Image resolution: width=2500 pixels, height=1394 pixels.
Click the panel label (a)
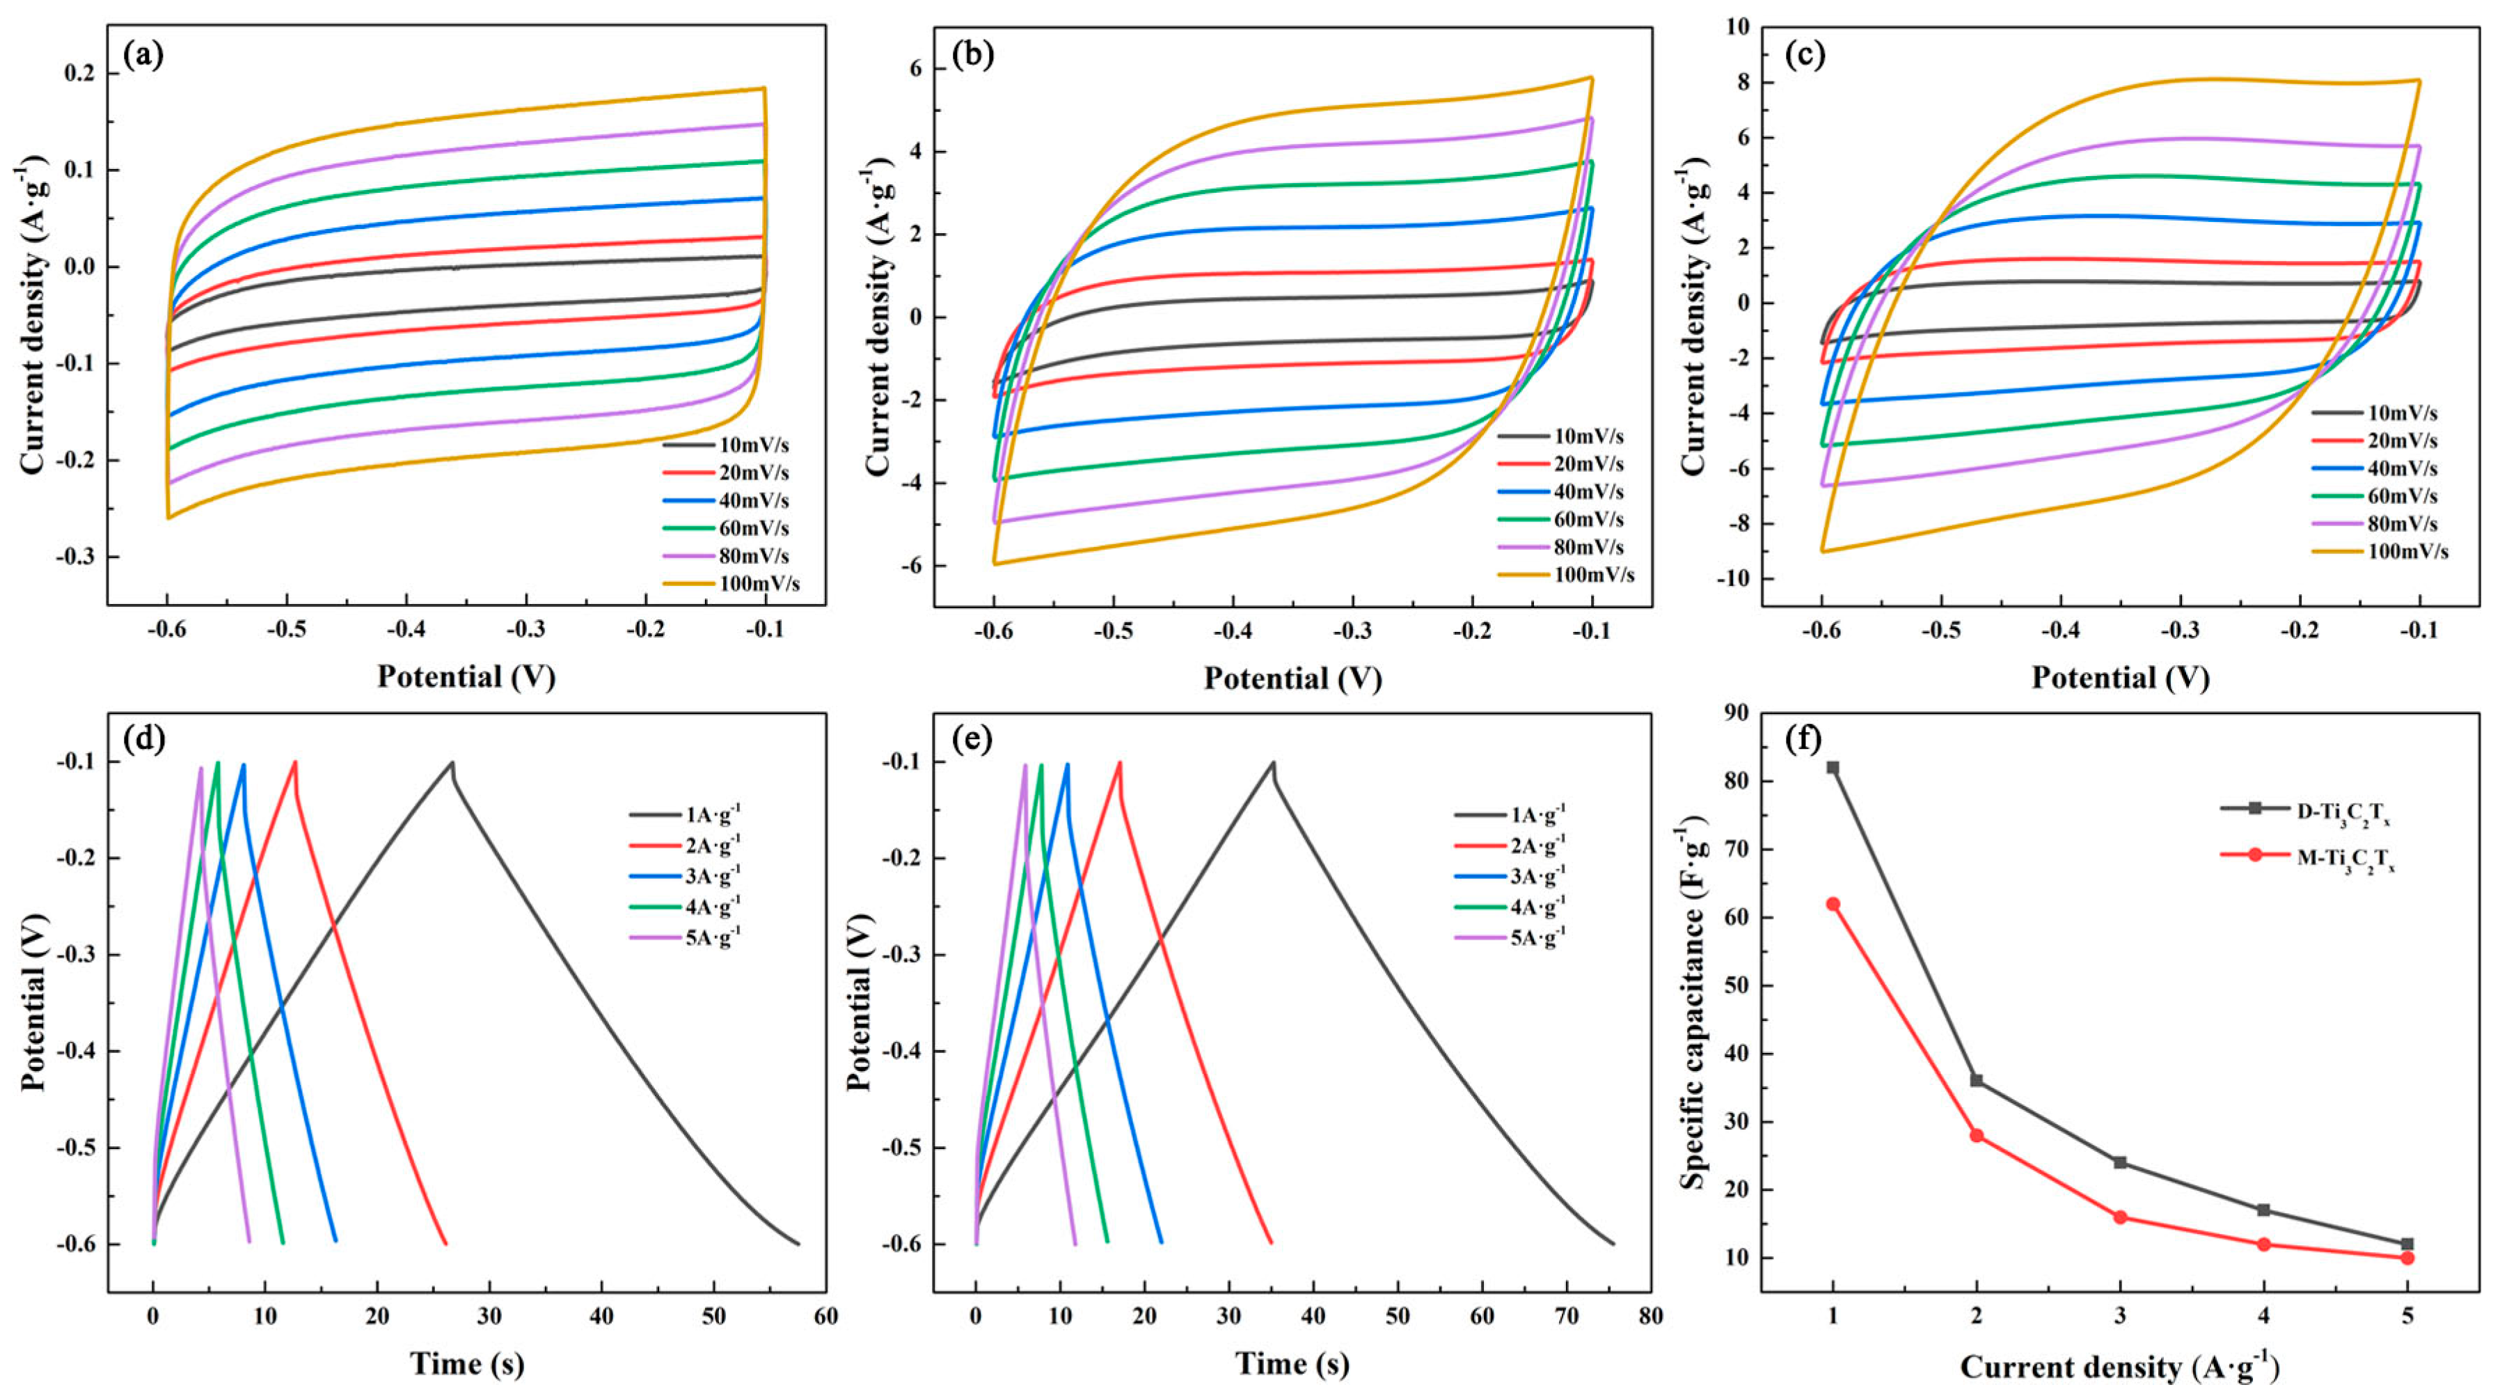click(143, 56)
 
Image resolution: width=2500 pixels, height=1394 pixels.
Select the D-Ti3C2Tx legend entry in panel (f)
click(2302, 809)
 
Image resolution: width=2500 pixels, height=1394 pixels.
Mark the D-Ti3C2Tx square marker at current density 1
click(1833, 768)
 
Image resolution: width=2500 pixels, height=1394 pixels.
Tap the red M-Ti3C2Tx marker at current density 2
click(1976, 1136)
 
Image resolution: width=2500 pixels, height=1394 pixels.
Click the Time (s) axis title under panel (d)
click(467, 1364)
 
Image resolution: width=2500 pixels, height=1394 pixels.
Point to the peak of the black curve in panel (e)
click(1272, 762)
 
